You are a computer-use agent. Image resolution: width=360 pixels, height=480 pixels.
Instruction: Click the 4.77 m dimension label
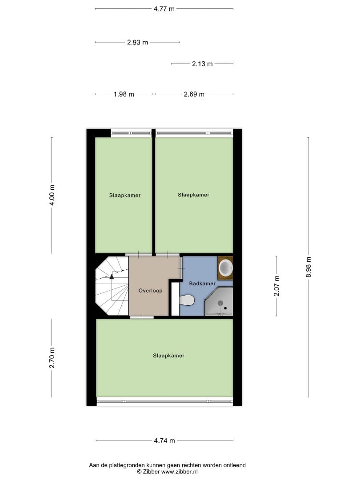tap(164, 8)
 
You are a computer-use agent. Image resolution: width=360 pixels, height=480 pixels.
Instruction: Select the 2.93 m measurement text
tap(137, 43)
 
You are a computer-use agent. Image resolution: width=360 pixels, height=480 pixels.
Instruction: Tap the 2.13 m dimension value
tap(202, 64)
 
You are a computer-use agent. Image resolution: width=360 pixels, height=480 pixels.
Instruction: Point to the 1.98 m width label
tap(124, 94)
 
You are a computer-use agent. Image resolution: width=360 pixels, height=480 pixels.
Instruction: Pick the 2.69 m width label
tap(194, 94)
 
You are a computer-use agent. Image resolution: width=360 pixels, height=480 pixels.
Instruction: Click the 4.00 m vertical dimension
tap(52, 195)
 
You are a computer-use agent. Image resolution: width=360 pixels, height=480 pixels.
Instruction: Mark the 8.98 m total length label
tap(308, 267)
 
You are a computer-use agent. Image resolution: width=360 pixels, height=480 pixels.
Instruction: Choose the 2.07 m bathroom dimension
tap(276, 286)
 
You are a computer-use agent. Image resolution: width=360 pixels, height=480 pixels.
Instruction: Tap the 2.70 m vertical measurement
tap(52, 358)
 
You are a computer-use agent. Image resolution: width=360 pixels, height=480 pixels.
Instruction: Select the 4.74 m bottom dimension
tap(164, 441)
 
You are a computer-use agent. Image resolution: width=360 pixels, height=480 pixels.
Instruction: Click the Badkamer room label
tap(202, 284)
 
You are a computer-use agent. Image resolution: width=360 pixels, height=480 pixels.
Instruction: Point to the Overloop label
tap(150, 291)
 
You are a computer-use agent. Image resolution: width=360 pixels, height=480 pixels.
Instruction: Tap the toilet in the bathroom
tap(187, 300)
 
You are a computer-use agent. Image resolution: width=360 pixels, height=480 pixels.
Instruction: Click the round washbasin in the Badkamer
tap(226, 268)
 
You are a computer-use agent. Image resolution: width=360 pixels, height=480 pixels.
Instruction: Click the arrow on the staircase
tap(112, 276)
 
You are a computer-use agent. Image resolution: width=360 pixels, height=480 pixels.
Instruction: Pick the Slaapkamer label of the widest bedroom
tap(168, 356)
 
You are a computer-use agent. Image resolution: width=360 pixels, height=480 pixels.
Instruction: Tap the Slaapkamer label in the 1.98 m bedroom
tap(125, 195)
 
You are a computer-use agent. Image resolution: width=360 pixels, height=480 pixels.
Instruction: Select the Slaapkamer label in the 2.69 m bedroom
tap(193, 195)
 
